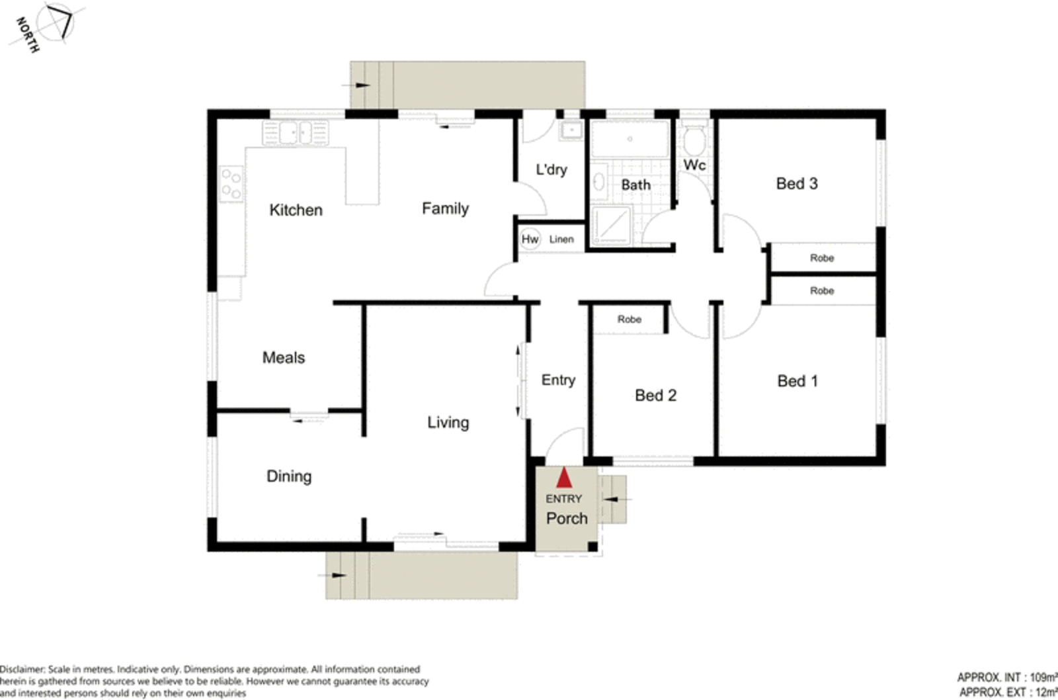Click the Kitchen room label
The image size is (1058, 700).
pos(296,210)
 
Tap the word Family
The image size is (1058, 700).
pos(445,208)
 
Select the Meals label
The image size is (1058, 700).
pos(284,357)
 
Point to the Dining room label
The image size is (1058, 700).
pos(289,476)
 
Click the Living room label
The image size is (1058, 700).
pos(448,422)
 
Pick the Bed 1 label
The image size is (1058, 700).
pos(797,380)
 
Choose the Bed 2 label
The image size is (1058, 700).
pos(655,395)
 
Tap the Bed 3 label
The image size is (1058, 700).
pos(796,183)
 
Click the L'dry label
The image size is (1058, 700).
pos(551,169)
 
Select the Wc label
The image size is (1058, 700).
pos(694,165)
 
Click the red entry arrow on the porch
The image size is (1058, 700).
pos(564,478)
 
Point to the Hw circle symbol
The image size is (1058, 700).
pos(530,239)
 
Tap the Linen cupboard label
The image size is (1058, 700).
pos(561,240)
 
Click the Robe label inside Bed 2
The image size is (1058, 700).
pos(629,319)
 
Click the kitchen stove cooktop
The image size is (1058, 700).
pos(231,185)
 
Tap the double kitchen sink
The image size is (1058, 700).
pos(295,132)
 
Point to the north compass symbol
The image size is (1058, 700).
pos(56,24)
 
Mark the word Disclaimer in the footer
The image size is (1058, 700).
pos(22,670)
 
